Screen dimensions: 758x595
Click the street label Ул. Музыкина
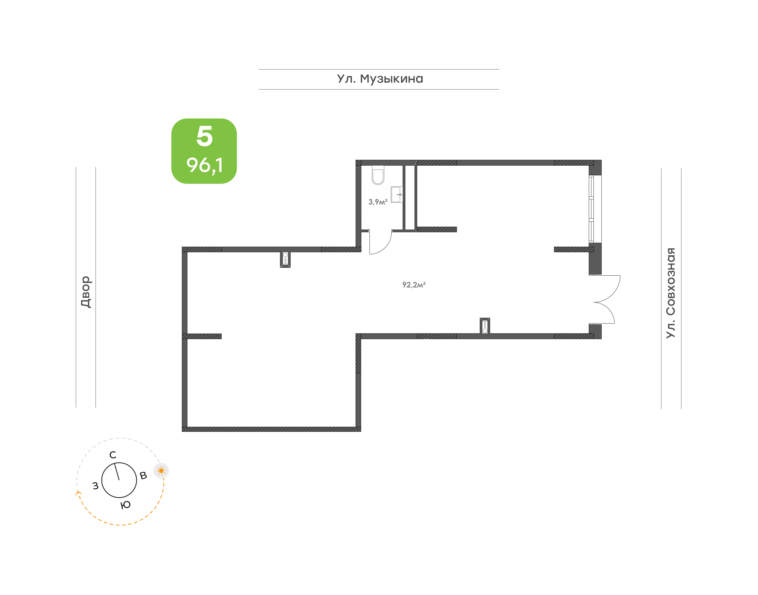380,79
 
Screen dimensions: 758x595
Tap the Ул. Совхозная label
671,293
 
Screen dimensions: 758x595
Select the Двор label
86,292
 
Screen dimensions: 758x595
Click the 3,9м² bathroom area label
378,202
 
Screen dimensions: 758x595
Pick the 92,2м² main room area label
414,285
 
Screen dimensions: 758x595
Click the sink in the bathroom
397,194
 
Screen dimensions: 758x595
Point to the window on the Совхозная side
595,209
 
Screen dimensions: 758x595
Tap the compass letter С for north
112,455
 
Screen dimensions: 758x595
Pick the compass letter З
95,486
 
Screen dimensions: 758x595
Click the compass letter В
143,475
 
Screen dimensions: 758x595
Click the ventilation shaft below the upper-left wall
285,260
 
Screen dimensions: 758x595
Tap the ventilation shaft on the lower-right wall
485,326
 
